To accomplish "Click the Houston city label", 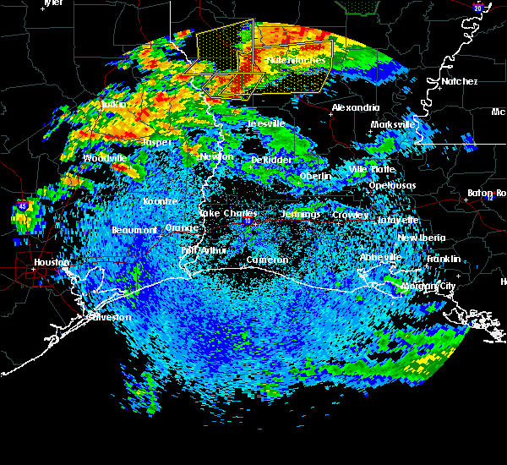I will click(x=52, y=262).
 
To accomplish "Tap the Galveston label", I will click(x=109, y=317).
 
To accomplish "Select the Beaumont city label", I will click(x=134, y=230).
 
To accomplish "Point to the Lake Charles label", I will click(x=226, y=214).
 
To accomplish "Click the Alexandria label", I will click(x=352, y=108).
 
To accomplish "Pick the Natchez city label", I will click(x=458, y=81).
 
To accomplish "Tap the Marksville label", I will click(x=394, y=125).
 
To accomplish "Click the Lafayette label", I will click(x=400, y=220).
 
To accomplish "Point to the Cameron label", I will click(x=268, y=260).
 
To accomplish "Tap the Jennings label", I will click(x=301, y=215).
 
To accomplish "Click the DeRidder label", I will click(x=271, y=160).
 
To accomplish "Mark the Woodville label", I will click(x=105, y=158).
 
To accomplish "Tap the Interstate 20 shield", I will click(x=477, y=8).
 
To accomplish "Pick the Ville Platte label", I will click(x=371, y=170).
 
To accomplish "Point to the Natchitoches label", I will click(x=296, y=61).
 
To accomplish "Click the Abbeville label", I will click(x=380, y=257).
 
